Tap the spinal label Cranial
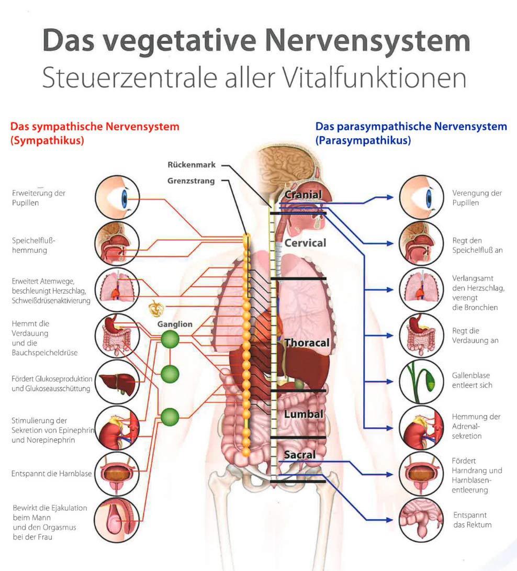coord(303,195)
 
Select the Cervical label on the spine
coord(305,243)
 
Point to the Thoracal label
coord(307,343)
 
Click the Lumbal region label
coord(304,414)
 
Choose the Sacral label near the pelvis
coord(300,455)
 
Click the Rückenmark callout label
coord(192,165)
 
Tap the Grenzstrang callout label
coord(191,181)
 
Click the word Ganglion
coord(175,324)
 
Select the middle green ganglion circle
coord(170,374)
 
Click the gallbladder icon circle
coord(422,382)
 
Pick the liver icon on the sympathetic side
coord(117,382)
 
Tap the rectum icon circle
coord(422,520)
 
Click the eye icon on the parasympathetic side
coord(422,197)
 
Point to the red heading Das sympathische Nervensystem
coord(95,127)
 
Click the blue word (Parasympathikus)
coord(363,141)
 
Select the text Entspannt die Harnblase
coord(51,474)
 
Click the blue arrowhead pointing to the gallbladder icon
coord(389,382)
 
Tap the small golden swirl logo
coord(156,309)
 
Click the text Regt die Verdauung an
coord(475,336)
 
